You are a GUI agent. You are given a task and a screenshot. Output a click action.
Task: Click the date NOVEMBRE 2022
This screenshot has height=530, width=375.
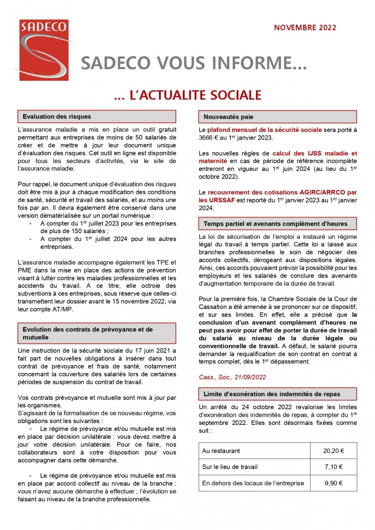pyautogui.click(x=305, y=28)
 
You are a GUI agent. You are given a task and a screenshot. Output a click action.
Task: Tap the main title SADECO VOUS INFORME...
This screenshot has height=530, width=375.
pyautogui.click(x=194, y=64)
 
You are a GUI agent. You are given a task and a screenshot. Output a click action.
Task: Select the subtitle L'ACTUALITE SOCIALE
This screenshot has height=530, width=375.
pyautogui.click(x=187, y=95)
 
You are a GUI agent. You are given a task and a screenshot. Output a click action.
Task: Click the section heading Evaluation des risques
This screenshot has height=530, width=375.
pyautogui.click(x=57, y=117)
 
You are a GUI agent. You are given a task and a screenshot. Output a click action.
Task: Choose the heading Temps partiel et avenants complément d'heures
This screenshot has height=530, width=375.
pyautogui.click(x=275, y=223)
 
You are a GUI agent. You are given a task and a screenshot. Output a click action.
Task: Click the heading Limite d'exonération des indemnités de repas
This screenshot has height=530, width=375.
pyautogui.click(x=272, y=394)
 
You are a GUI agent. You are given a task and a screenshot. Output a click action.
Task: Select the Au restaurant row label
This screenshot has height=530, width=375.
pyautogui.click(x=221, y=451)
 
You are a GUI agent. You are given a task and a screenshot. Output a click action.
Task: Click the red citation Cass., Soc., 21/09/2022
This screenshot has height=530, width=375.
pyautogui.click(x=232, y=377)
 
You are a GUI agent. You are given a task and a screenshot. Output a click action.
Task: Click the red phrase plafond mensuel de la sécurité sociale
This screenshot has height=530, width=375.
pyautogui.click(x=264, y=130)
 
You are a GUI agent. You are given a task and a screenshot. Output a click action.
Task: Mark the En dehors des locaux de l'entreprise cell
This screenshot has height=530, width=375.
pyautogui.click(x=253, y=483)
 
